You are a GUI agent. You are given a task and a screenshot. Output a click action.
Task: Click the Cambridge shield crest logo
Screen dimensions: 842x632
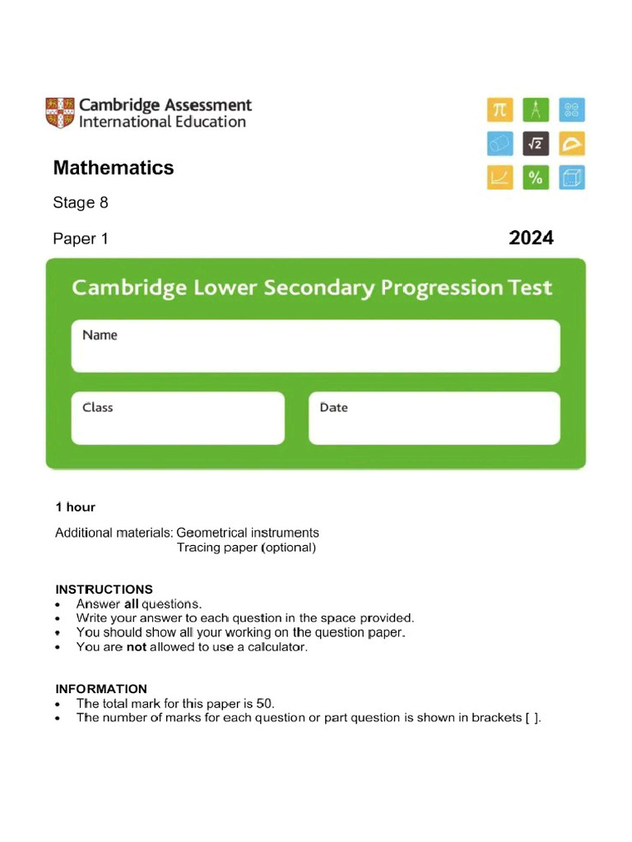click(x=59, y=113)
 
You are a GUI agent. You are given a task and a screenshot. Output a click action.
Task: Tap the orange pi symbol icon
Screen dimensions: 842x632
click(x=500, y=109)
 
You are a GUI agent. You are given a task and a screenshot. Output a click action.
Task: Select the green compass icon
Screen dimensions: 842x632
click(x=536, y=109)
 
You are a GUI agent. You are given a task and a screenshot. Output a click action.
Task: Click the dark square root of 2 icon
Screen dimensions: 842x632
click(x=536, y=144)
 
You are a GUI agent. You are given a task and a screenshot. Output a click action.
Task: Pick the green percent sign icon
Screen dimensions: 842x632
click(x=536, y=178)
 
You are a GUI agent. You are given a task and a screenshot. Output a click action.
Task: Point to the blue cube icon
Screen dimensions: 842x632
click(x=572, y=178)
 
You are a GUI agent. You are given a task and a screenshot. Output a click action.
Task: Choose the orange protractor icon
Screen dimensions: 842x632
click(x=572, y=144)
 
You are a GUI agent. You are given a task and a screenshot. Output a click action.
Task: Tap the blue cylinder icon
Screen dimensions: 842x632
click(x=500, y=144)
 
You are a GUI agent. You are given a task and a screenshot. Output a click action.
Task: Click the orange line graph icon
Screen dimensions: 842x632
click(x=500, y=178)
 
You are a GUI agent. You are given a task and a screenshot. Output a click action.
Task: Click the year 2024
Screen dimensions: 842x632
click(x=531, y=238)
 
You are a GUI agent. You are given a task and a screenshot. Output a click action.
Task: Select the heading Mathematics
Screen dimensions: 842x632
click(x=114, y=168)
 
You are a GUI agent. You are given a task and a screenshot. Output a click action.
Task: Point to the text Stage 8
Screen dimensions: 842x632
click(x=81, y=202)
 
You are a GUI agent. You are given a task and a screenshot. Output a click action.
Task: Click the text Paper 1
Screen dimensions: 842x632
click(x=81, y=239)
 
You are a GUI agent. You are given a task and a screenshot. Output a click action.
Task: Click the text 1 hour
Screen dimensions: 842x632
click(x=75, y=507)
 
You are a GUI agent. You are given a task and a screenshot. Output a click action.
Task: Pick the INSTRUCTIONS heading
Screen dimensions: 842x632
click(x=104, y=590)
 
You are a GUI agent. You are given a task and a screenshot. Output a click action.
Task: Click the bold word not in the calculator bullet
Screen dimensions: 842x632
click(x=136, y=647)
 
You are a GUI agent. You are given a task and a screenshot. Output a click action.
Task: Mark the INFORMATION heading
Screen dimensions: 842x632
click(x=101, y=689)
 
